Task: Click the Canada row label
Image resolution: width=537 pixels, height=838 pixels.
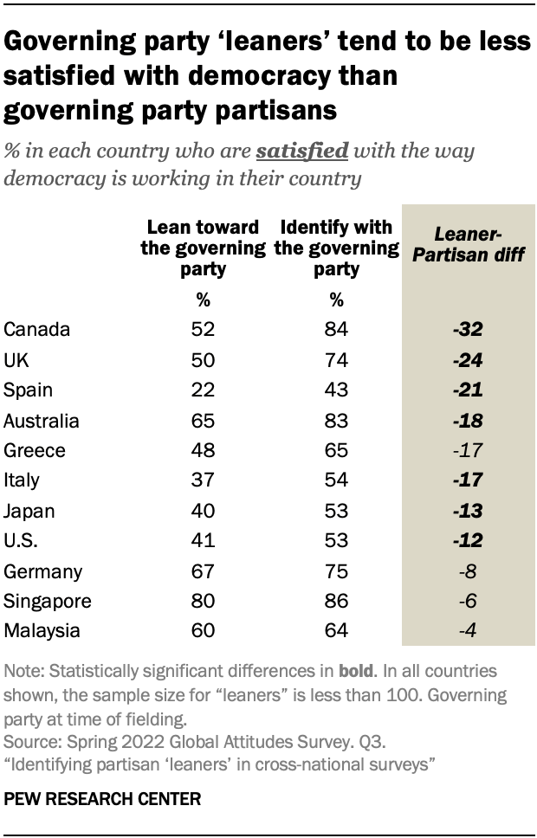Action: click(x=36, y=329)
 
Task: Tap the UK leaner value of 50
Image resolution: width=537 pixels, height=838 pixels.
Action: click(x=203, y=359)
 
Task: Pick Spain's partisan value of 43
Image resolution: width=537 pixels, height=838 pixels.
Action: click(x=337, y=390)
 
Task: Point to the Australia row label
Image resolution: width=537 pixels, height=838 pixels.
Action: click(x=42, y=421)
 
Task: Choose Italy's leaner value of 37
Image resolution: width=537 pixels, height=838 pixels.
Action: click(x=203, y=480)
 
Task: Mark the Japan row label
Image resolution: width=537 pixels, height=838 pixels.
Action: click(x=29, y=511)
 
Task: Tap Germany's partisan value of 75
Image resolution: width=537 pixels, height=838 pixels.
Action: click(x=337, y=571)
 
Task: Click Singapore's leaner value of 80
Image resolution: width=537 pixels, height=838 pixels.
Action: click(x=203, y=602)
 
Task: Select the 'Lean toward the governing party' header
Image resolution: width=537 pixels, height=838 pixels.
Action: click(x=203, y=248)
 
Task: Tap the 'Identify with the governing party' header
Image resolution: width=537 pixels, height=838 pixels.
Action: click(x=337, y=248)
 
